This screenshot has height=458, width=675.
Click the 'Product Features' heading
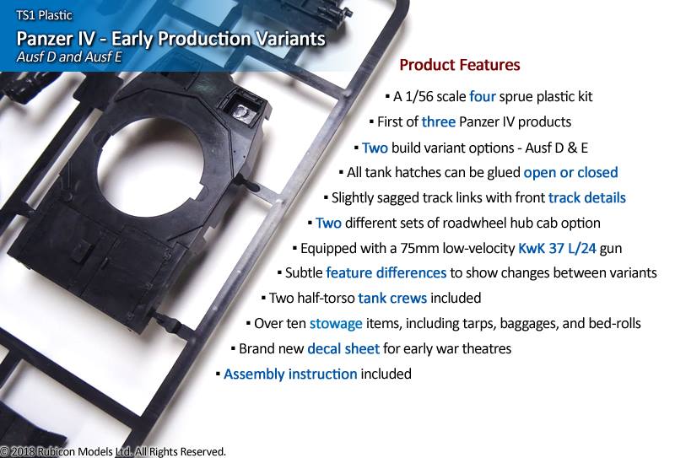(460, 65)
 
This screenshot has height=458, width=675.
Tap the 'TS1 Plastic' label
(44, 15)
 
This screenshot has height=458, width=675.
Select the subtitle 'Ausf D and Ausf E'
(69, 57)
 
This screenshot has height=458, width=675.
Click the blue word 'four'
(482, 96)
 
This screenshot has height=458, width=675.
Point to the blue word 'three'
(438, 121)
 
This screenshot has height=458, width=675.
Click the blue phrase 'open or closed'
(570, 173)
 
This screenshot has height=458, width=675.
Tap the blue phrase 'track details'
(586, 197)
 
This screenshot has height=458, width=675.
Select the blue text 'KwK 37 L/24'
(557, 248)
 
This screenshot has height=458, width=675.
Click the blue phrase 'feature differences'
(386, 273)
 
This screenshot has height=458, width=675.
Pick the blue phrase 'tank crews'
(392, 298)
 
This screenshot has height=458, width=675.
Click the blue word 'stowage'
(336, 324)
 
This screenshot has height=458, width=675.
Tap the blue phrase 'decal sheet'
(343, 348)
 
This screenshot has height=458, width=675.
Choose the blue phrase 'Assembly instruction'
(290, 374)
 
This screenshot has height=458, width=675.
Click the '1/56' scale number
(419, 96)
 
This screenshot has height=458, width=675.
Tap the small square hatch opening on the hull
(244, 107)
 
